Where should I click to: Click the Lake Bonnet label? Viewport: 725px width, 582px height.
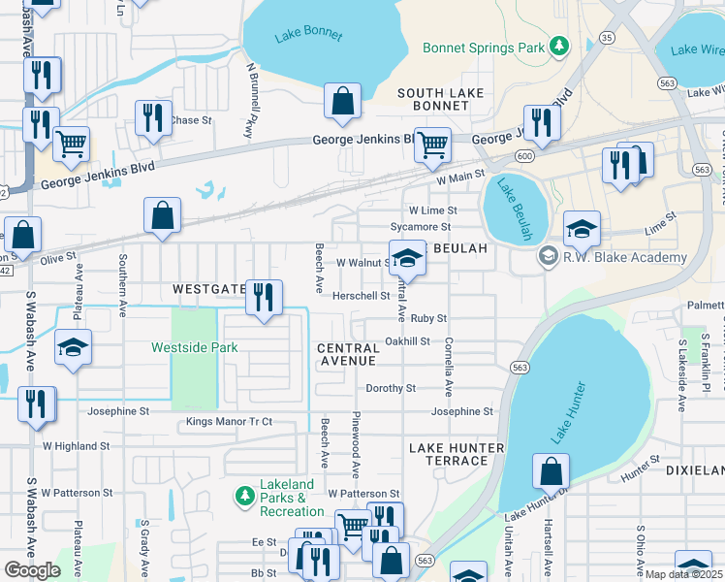point(308,35)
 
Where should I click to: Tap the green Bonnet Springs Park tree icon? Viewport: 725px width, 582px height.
point(558,47)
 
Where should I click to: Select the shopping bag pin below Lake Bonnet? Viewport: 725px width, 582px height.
point(342,101)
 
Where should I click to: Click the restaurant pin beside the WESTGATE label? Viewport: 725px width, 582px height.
point(263,297)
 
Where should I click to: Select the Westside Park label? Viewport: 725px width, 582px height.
point(194,347)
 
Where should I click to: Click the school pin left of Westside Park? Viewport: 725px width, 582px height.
point(73,348)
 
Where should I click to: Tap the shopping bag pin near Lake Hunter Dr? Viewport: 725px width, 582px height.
point(551,472)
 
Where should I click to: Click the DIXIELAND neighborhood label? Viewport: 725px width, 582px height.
point(694,469)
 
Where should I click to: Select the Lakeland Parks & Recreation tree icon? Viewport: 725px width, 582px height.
point(244,498)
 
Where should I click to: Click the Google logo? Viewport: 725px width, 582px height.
point(32,570)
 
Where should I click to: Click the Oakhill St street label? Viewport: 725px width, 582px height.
point(406,341)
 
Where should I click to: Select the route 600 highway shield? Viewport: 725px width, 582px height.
point(524,157)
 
